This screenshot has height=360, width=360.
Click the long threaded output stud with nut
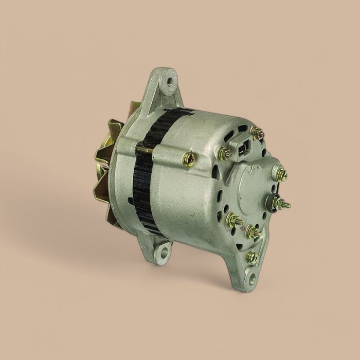point(282,204)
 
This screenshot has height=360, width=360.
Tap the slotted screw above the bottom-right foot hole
point(251,257)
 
